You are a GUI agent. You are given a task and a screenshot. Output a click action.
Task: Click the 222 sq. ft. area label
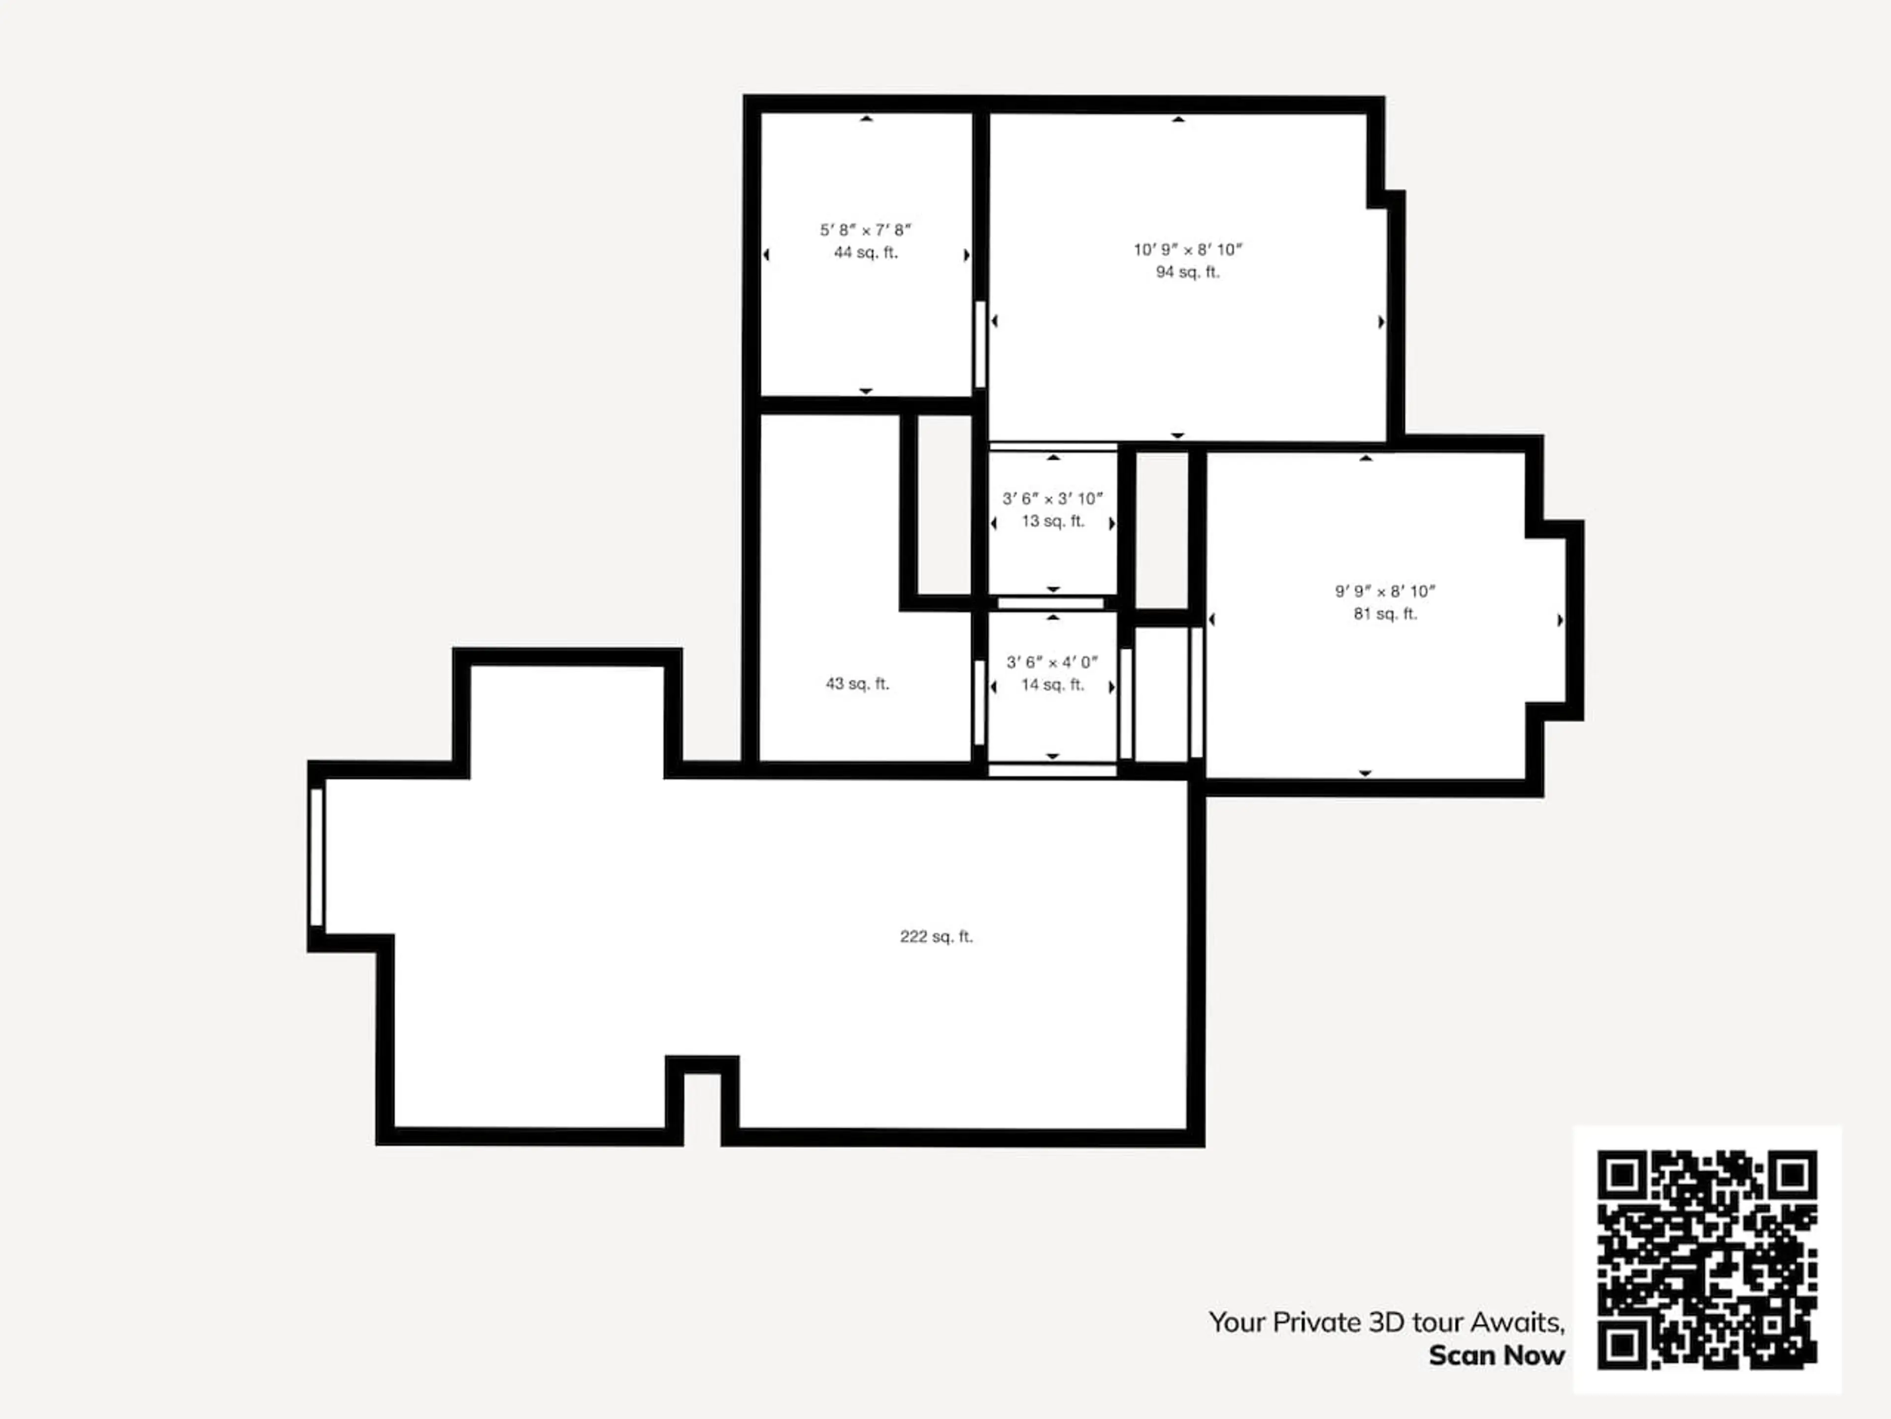936,937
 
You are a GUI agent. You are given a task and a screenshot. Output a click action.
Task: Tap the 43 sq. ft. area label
857,683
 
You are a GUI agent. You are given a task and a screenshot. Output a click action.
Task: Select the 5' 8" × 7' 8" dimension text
866,230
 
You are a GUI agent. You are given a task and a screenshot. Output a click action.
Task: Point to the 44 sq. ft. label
866,252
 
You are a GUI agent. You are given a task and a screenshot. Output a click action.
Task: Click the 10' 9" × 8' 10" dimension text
1187,250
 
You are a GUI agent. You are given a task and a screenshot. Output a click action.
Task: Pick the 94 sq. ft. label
1187,272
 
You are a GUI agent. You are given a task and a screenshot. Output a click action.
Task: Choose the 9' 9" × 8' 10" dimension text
1385,591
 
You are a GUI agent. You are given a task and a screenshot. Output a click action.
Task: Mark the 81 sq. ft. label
1385,613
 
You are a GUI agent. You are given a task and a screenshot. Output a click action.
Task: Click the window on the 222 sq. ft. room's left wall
316,857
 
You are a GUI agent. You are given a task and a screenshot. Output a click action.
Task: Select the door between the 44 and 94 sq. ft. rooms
980,345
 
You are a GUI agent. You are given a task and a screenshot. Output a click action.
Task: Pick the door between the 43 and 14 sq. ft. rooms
979,703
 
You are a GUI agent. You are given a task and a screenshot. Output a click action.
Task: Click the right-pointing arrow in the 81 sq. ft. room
1560,620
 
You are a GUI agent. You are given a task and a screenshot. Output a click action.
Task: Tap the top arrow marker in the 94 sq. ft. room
1178,120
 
